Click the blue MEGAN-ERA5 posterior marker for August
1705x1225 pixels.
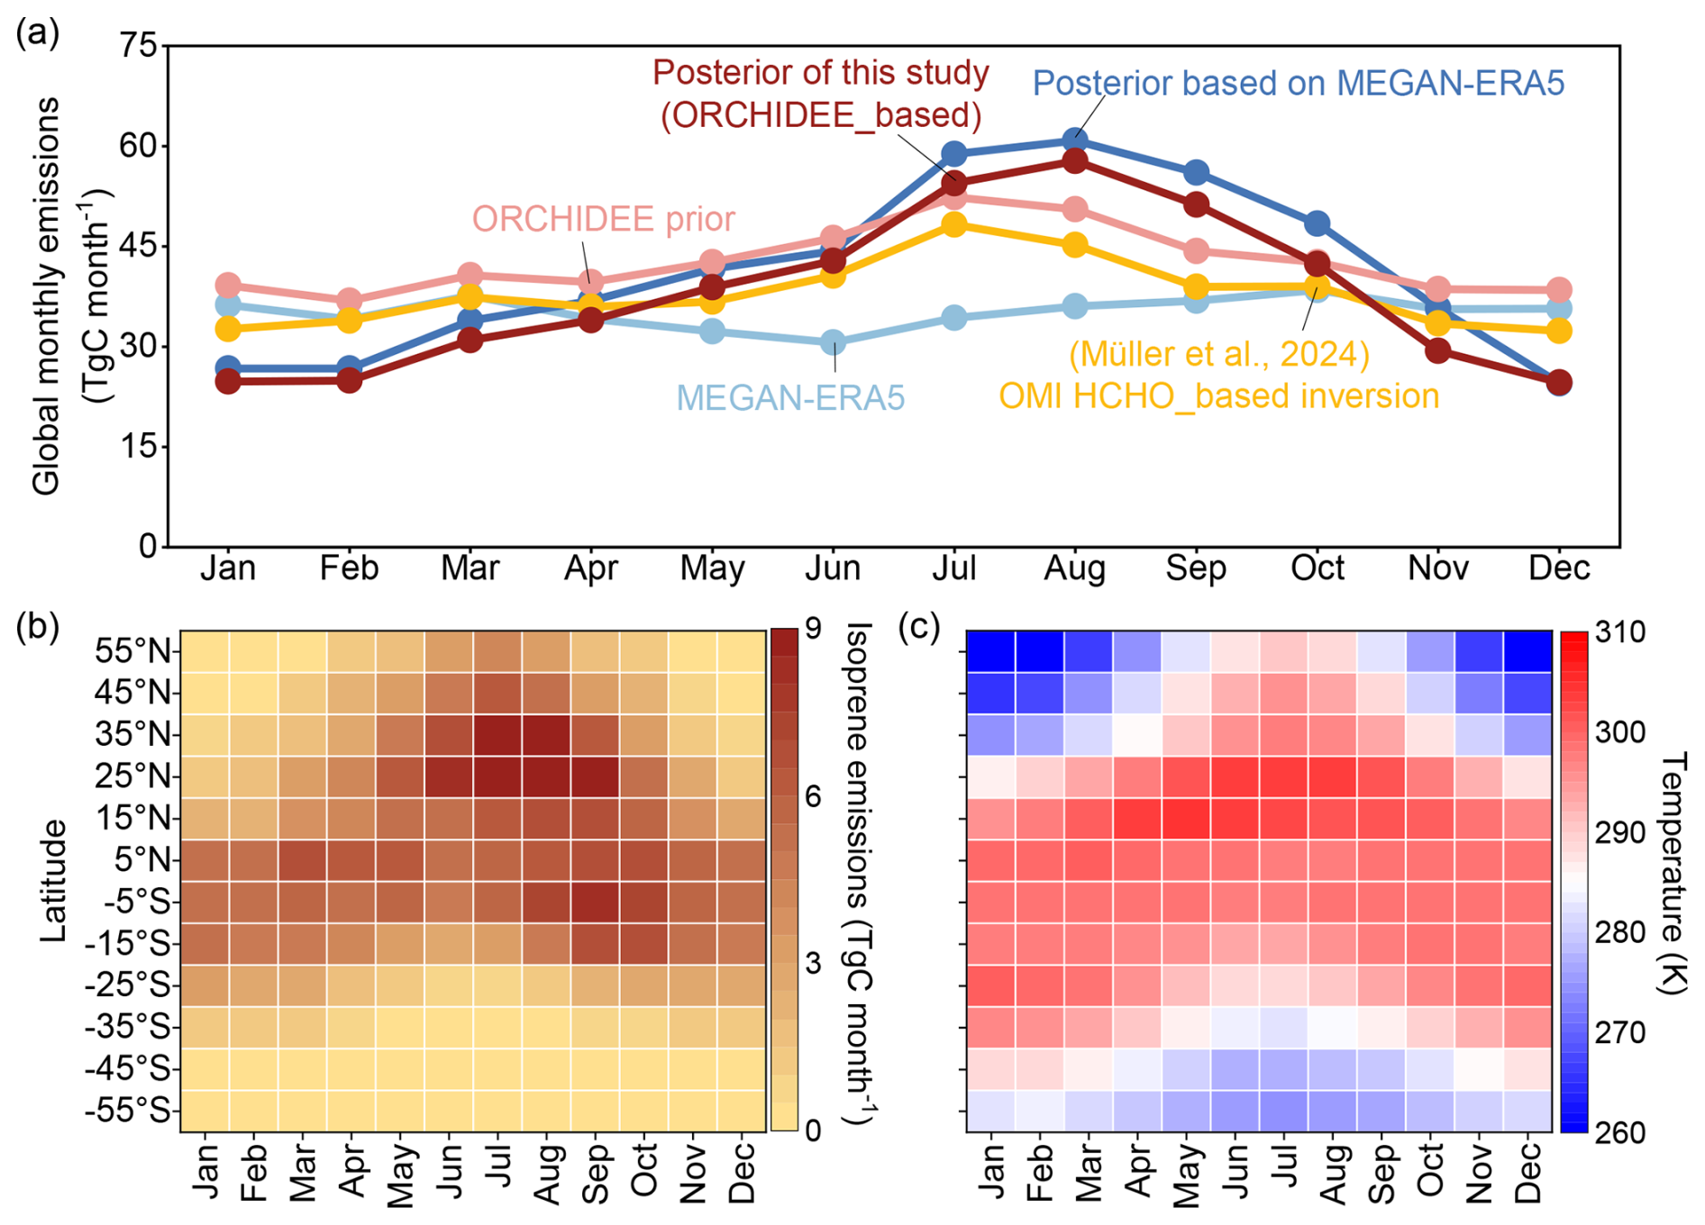coord(1074,141)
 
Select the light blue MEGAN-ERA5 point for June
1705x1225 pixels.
coord(834,342)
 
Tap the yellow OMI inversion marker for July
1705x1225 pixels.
coord(954,224)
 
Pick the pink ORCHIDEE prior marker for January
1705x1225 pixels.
coord(228,286)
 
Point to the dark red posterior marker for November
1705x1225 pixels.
coord(1438,350)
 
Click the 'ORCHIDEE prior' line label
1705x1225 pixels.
coord(603,219)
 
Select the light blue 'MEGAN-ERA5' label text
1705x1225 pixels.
coord(790,397)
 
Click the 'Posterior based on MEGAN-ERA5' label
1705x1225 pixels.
coord(1298,83)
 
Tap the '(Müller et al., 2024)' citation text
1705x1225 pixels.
coord(1218,354)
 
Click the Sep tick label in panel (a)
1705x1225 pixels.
coord(1196,568)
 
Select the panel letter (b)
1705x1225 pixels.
coord(37,626)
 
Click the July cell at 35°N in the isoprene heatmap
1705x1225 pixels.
coord(497,735)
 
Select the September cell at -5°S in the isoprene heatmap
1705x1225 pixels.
coord(594,902)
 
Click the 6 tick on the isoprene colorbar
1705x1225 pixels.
coord(814,796)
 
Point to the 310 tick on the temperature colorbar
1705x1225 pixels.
coord(1619,632)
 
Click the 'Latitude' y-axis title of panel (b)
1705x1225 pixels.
coord(54,880)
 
